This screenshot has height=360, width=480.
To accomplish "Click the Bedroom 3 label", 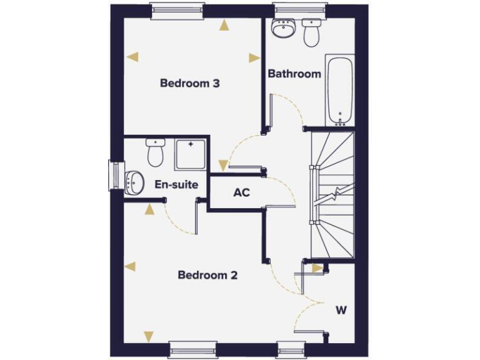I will (189, 83).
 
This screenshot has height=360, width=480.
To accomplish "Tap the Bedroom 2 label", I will (207, 275).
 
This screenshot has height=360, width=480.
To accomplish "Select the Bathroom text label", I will (294, 74).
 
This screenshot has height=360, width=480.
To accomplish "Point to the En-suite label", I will (177, 184).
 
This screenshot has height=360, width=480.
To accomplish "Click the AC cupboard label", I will (242, 192).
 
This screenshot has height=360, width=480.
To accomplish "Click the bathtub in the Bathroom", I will (340, 91).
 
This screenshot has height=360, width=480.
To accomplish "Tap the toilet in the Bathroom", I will (311, 33).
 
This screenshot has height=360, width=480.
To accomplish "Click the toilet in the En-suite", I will (155, 152).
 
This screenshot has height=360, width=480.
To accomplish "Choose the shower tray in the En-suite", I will (191, 154).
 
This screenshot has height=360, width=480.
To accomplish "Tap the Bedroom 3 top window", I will (177, 10).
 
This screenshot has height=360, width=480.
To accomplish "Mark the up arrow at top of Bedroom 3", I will (224, 26).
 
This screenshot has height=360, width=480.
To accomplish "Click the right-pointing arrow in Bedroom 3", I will (254, 58).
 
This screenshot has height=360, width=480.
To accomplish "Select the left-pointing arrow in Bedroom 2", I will (130, 267).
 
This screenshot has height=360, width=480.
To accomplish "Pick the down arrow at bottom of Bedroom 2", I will (149, 336).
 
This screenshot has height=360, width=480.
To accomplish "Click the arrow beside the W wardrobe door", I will (317, 268).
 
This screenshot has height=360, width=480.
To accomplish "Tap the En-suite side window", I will (115, 174).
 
